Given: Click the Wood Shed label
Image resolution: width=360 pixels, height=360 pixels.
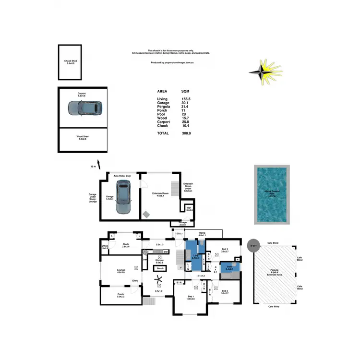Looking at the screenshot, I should [x=83, y=137].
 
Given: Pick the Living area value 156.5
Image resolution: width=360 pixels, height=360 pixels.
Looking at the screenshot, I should [x=186, y=99].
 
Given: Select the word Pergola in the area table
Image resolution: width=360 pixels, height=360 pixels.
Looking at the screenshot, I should [x=163, y=108].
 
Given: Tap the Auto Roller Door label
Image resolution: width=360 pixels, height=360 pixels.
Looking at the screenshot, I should [x=122, y=176].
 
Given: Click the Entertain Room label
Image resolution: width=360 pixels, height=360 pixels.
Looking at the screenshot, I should [x=160, y=193].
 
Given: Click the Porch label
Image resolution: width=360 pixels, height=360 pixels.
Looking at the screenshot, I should [x=120, y=295].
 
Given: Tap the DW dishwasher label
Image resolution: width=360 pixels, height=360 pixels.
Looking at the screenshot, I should [x=165, y=252].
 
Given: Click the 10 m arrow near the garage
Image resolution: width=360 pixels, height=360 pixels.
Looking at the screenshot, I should [x=98, y=165].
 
